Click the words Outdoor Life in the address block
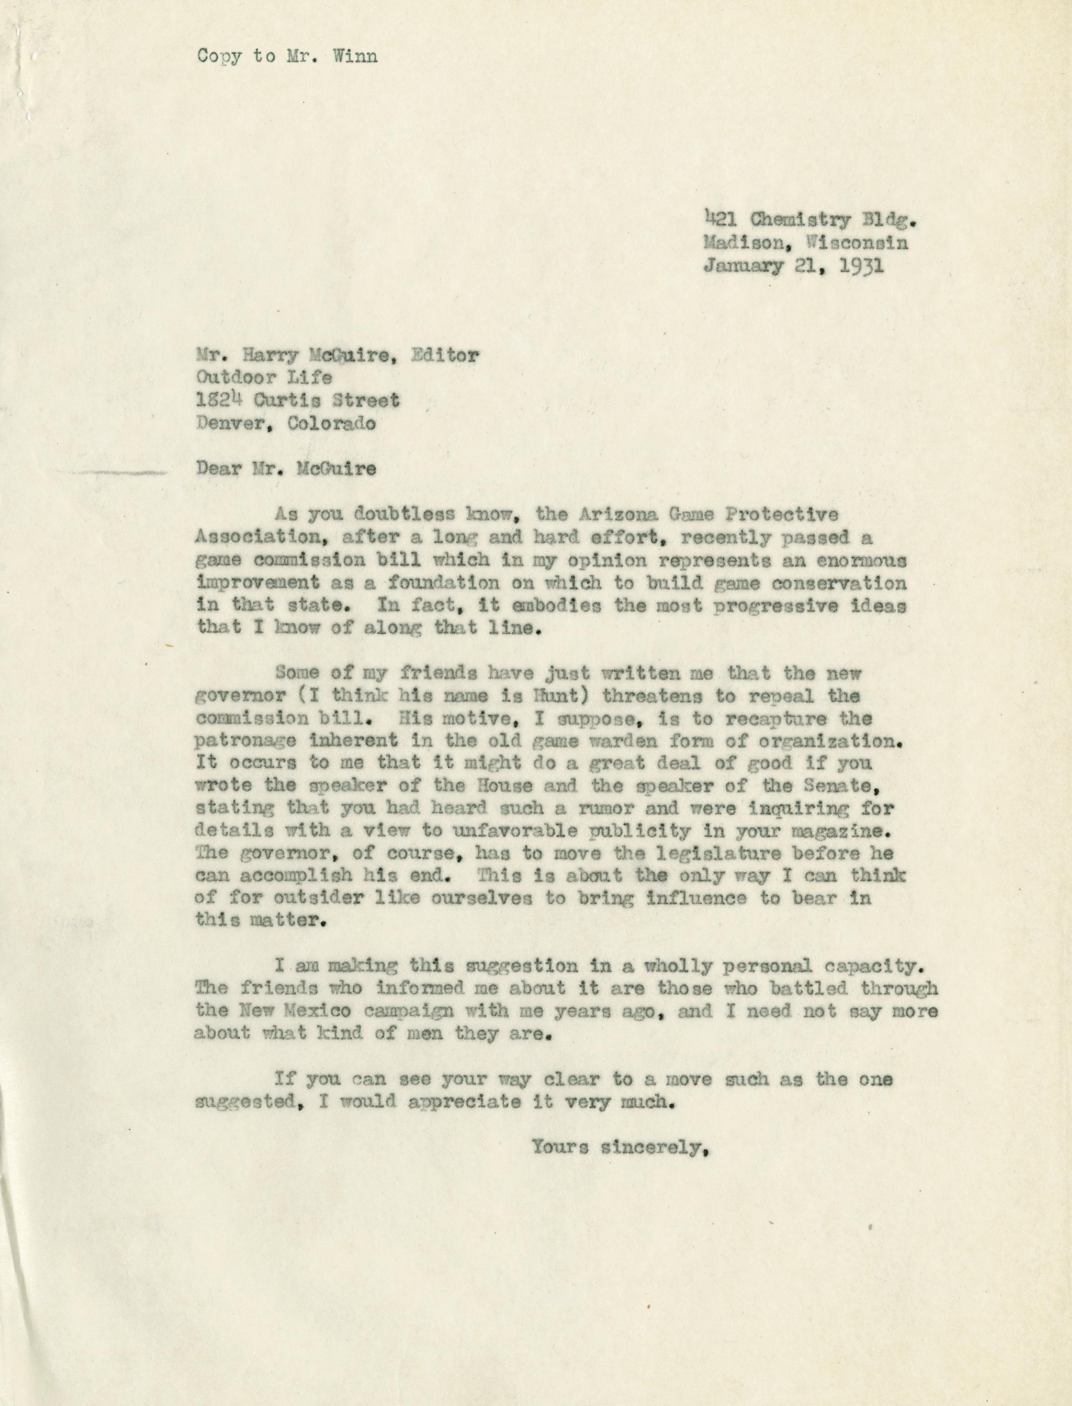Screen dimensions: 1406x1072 264,377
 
